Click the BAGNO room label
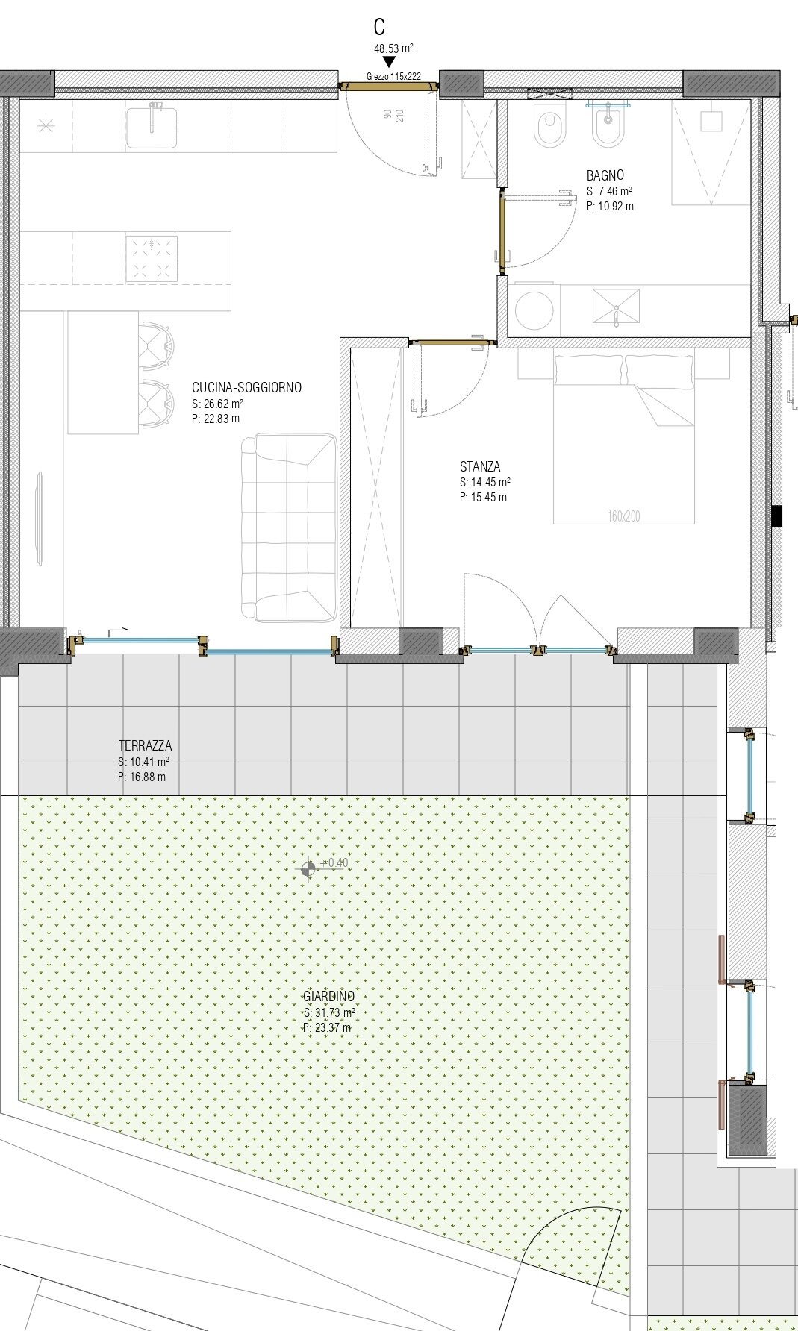click(605, 175)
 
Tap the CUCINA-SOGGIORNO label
click(246, 388)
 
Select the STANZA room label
click(480, 467)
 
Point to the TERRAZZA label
click(145, 745)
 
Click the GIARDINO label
click(328, 996)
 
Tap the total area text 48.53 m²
click(393, 48)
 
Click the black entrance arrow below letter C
click(388, 62)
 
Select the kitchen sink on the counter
click(152, 126)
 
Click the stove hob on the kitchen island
click(152, 258)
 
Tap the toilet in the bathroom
click(549, 126)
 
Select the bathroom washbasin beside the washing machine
click(616, 307)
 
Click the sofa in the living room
click(289, 527)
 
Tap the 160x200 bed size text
click(623, 516)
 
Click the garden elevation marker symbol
click(308, 868)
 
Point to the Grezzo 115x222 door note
click(393, 76)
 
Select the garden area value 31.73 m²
click(329, 1012)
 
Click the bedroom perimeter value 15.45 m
click(483, 498)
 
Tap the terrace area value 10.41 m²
click(143, 762)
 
